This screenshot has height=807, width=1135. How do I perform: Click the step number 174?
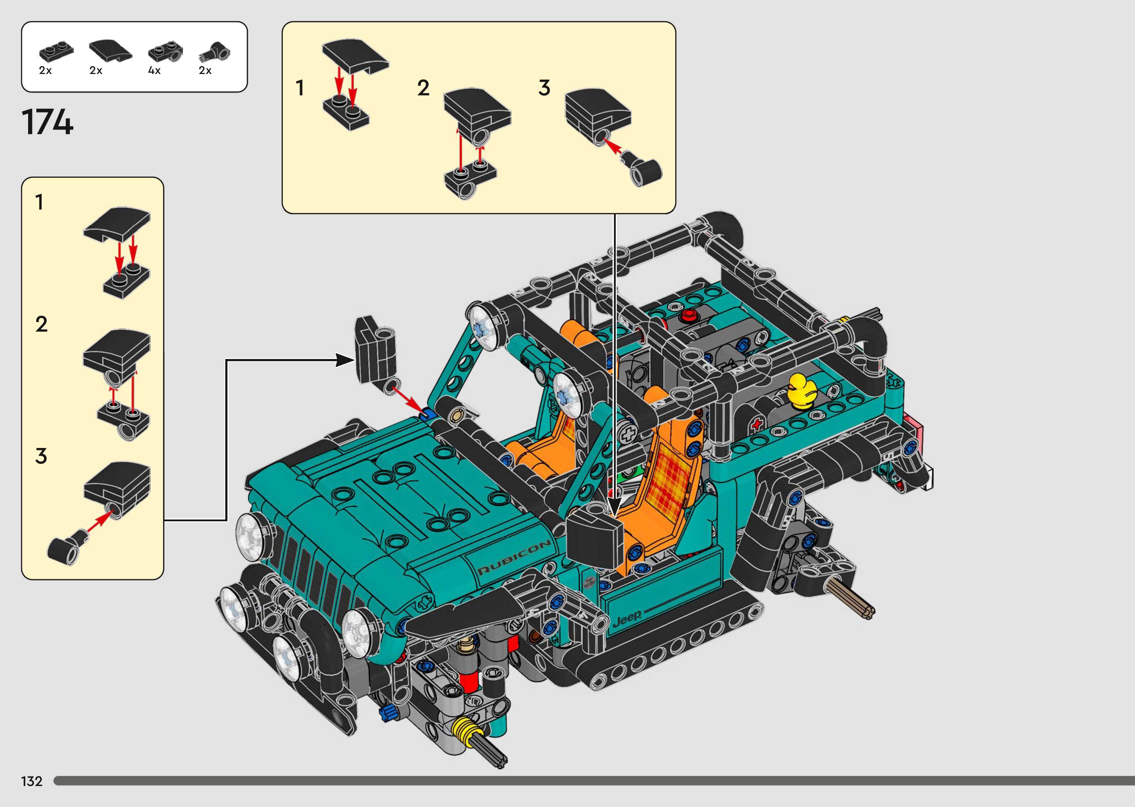(x=48, y=122)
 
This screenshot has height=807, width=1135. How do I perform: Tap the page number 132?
(x=32, y=781)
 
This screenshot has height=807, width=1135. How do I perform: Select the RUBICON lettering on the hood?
(x=514, y=557)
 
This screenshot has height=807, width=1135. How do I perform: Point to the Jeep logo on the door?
(x=627, y=618)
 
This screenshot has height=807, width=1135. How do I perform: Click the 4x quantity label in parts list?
(x=154, y=70)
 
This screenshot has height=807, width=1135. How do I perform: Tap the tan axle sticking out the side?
(x=850, y=599)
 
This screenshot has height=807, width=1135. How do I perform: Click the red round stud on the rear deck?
(x=689, y=315)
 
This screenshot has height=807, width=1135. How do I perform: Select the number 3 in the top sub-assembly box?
(x=544, y=88)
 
